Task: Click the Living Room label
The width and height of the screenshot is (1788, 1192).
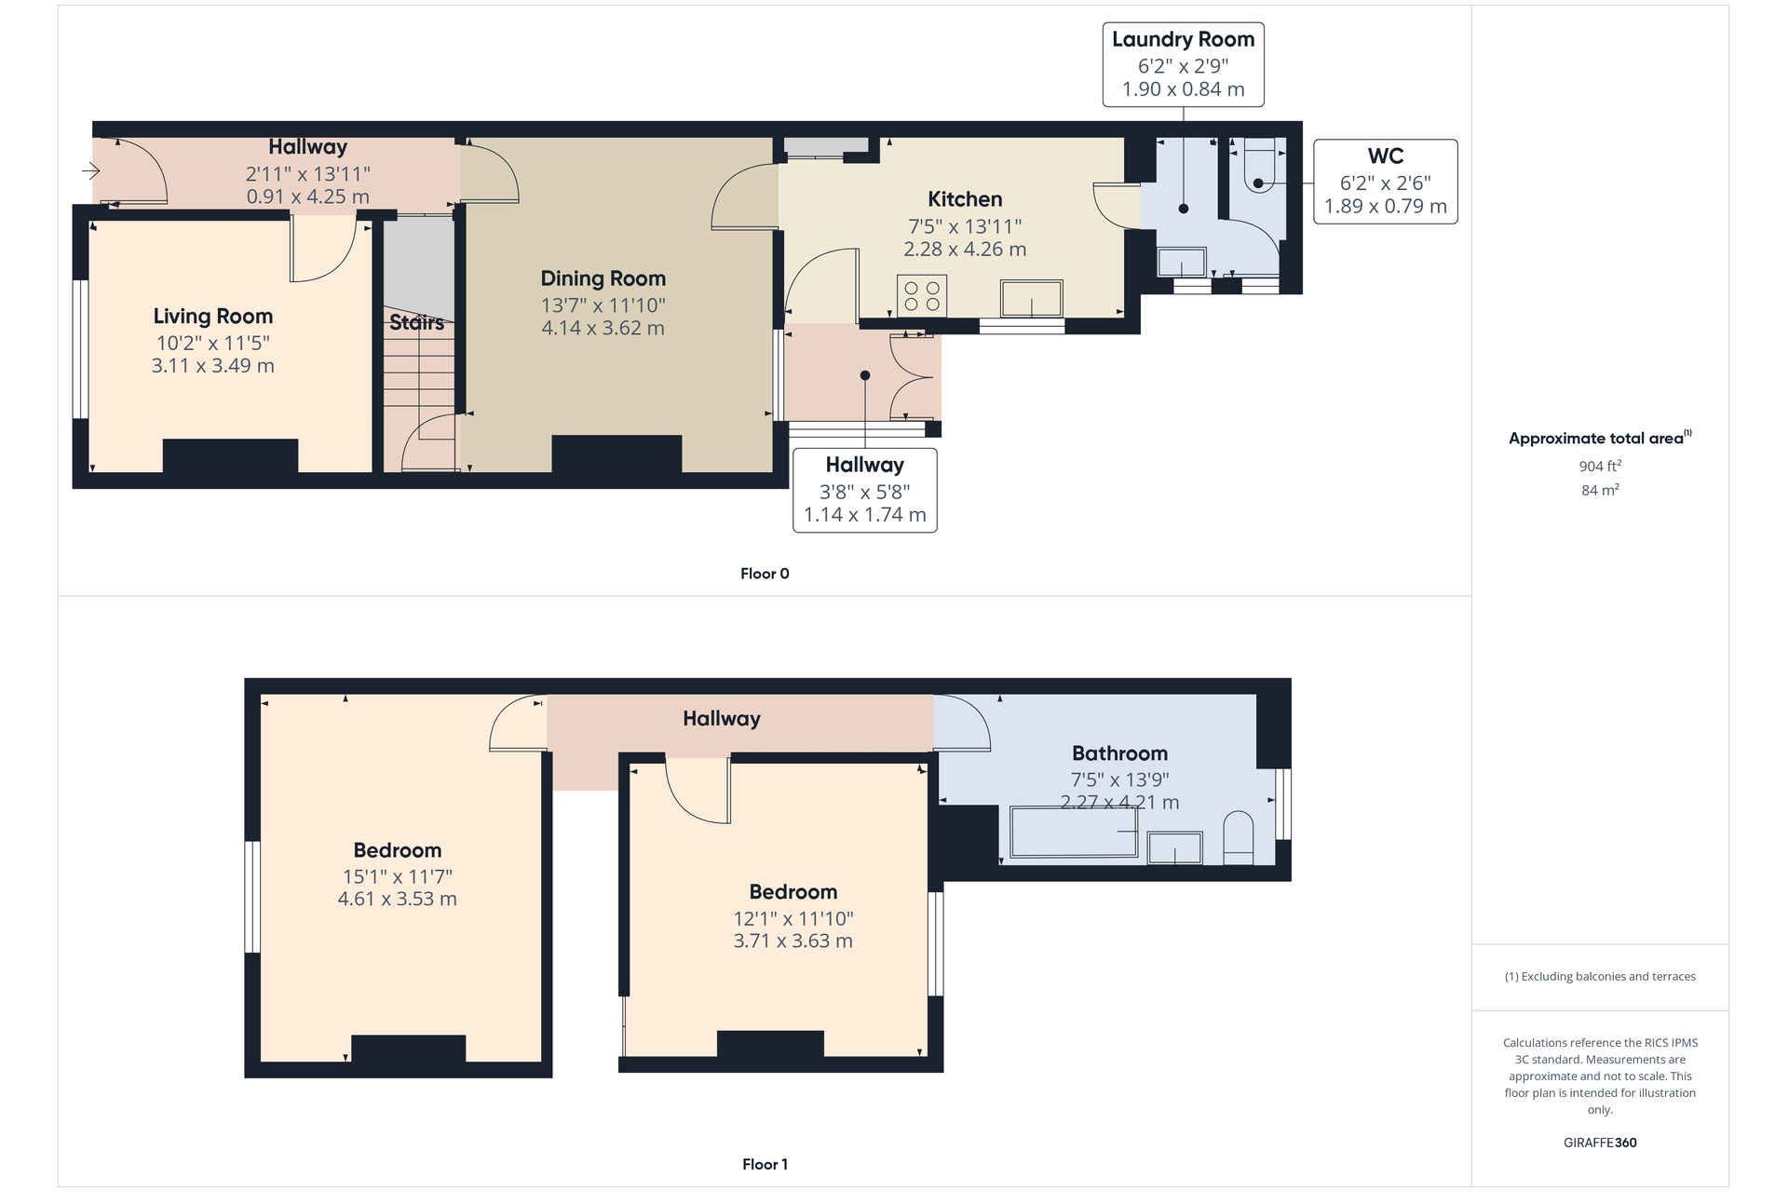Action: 212,317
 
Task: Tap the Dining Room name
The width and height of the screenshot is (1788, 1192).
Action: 603,278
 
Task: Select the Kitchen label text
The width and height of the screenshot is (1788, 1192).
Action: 965,199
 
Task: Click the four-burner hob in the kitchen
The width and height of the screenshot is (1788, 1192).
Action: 922,296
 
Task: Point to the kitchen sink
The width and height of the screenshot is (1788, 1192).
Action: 1031,299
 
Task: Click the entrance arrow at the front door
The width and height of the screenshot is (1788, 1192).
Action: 90,170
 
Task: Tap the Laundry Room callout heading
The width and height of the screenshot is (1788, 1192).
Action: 1183,39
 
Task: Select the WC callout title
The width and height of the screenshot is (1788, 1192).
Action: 1386,156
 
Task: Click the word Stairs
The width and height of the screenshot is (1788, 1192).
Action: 416,323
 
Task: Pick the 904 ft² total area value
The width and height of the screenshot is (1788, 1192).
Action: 1600,466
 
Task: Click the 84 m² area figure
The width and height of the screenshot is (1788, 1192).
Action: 1600,490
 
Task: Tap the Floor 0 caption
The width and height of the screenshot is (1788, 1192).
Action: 765,574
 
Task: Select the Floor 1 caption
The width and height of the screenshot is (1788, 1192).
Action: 765,1164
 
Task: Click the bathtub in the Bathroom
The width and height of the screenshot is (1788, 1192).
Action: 1074,832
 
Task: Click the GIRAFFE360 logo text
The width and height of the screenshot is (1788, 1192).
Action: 1600,1143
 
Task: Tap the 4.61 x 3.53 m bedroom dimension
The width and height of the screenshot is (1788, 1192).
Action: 397,900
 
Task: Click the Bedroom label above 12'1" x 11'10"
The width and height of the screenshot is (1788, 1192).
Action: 793,892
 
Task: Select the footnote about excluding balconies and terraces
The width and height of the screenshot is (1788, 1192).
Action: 1600,977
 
